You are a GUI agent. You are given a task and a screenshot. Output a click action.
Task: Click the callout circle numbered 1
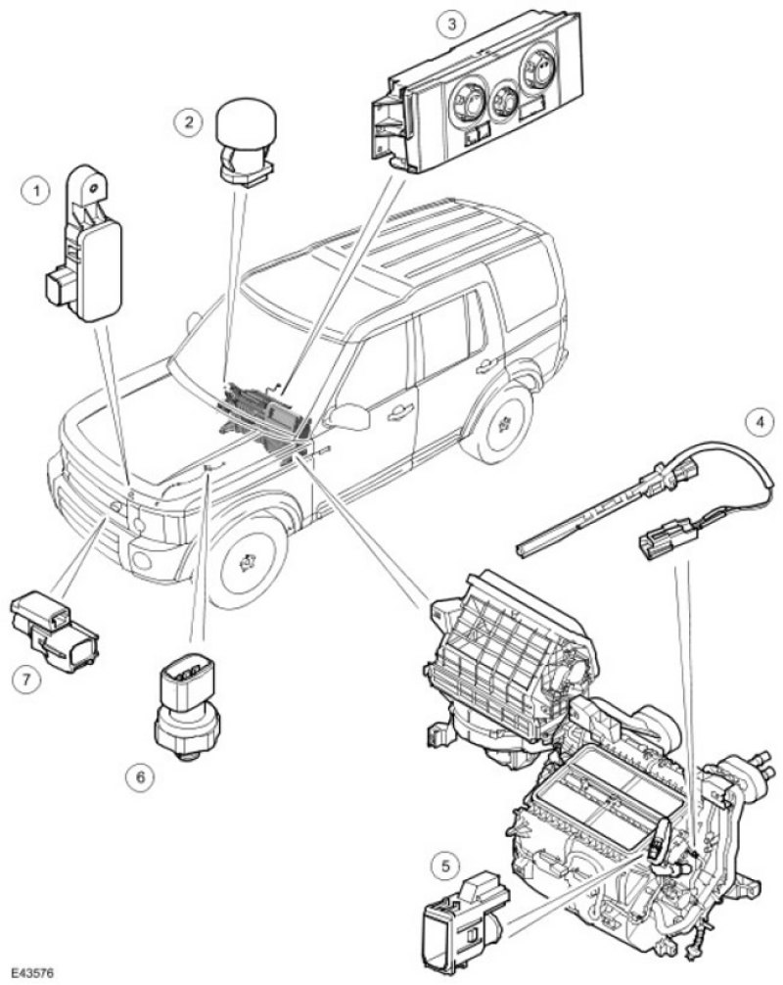click(x=37, y=189)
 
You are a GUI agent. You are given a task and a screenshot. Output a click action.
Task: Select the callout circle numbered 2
click(x=188, y=122)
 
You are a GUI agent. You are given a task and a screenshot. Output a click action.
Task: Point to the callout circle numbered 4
click(x=754, y=424)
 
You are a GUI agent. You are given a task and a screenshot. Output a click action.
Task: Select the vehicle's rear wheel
click(x=503, y=424)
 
